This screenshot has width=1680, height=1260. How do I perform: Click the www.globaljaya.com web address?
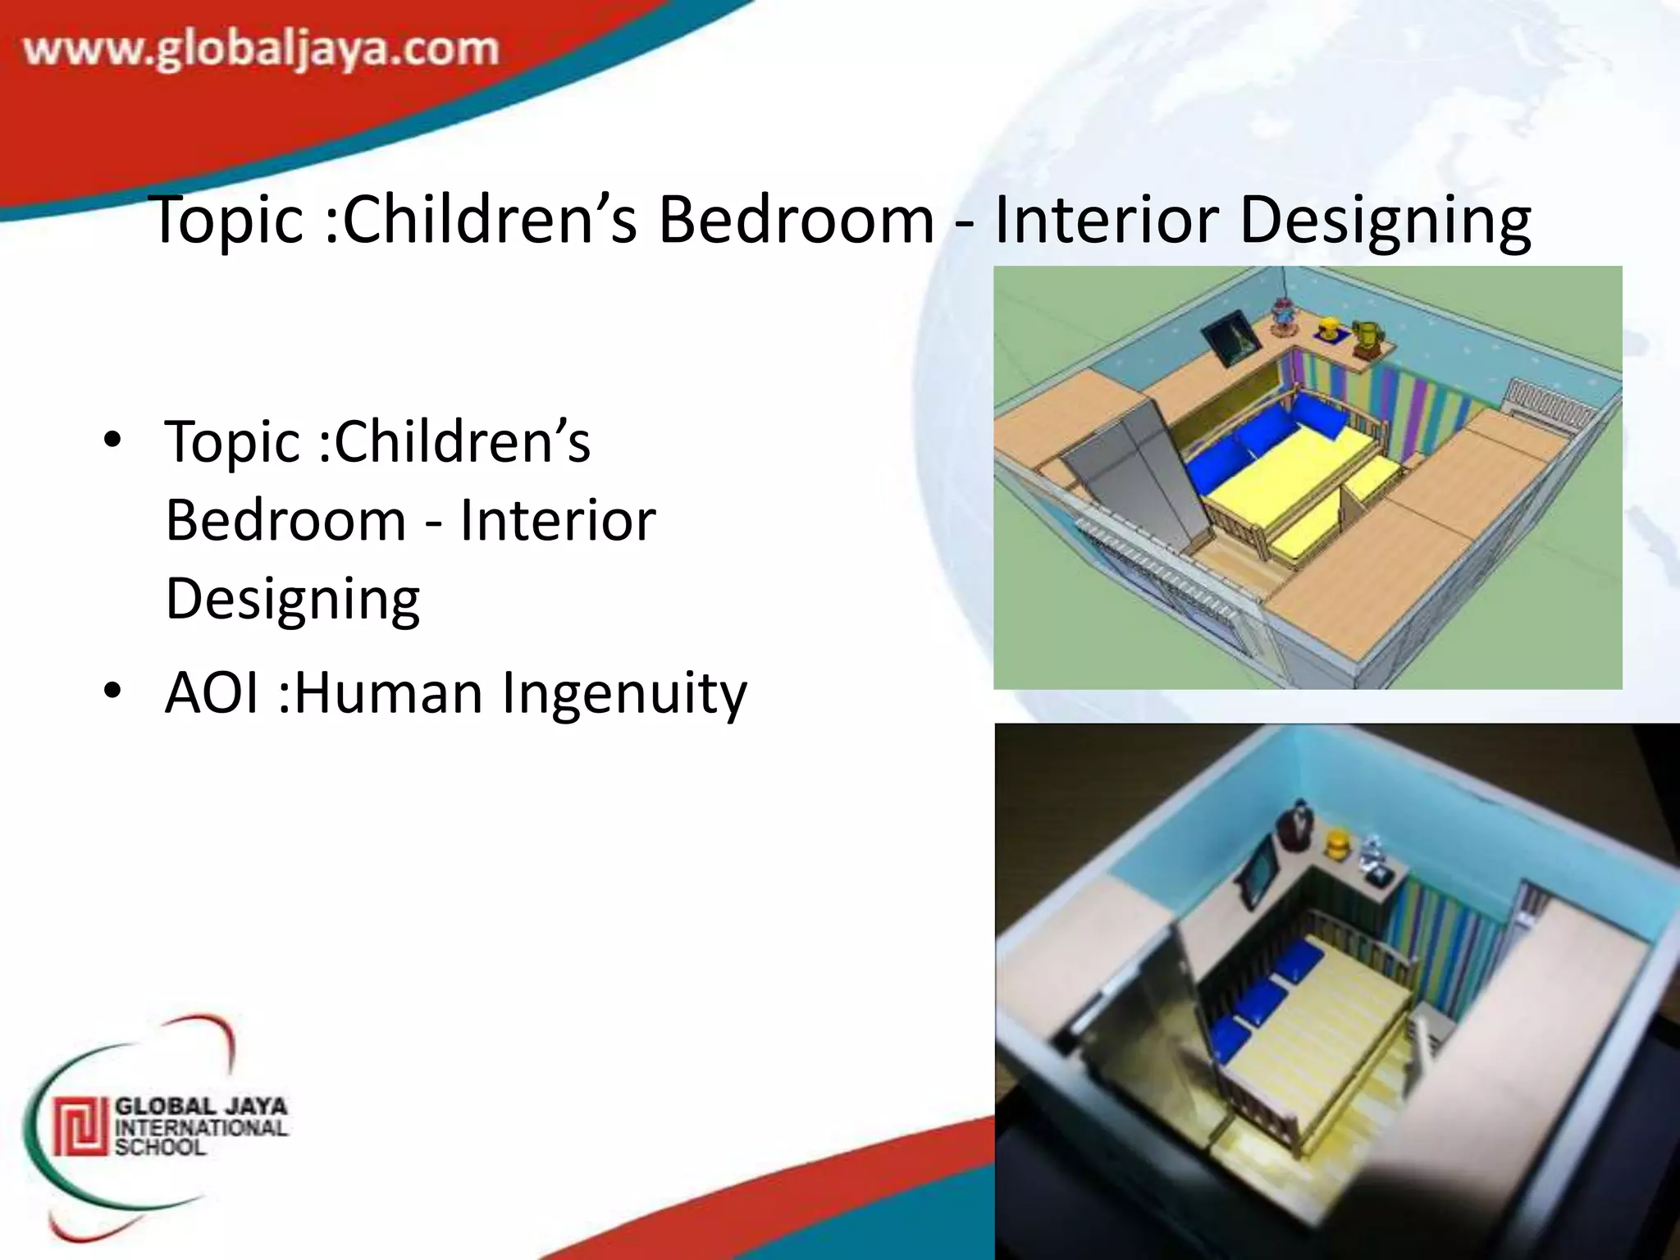(x=261, y=49)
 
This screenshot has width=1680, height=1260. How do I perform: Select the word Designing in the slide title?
(x=1385, y=221)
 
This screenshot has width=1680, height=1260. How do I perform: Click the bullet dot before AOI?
(x=112, y=691)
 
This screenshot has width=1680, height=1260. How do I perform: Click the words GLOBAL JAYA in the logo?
(x=201, y=1107)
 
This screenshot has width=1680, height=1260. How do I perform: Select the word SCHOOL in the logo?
(x=160, y=1147)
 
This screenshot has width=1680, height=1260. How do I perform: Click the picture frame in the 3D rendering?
(x=1228, y=338)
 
